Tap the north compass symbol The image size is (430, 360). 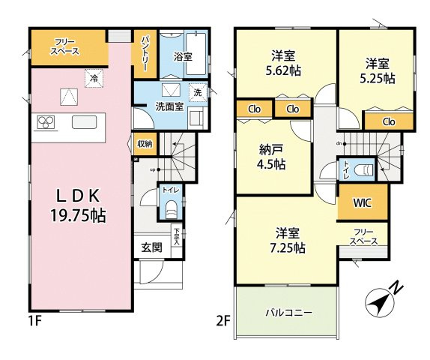(x=383, y=301)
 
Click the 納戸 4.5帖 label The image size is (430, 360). (x=271, y=157)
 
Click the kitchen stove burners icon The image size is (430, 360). (x=44, y=122)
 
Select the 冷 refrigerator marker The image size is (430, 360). (x=95, y=78)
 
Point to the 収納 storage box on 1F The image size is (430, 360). (x=145, y=143)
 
